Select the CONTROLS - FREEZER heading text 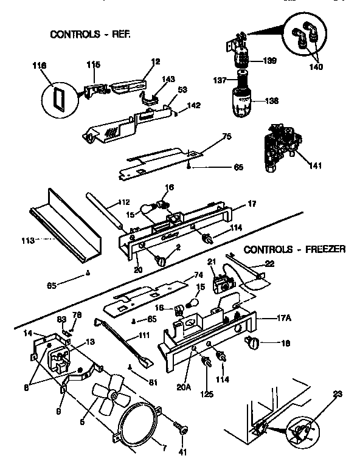294,249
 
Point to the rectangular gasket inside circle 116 59,96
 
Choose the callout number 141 315,165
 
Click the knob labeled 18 251,345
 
